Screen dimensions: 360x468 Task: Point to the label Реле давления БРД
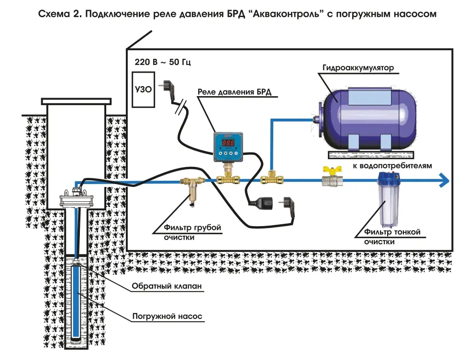(234, 92)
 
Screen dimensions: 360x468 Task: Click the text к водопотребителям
(393, 165)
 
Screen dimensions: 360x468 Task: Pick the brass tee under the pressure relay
(229, 179)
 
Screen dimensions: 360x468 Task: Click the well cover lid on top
(76, 101)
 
